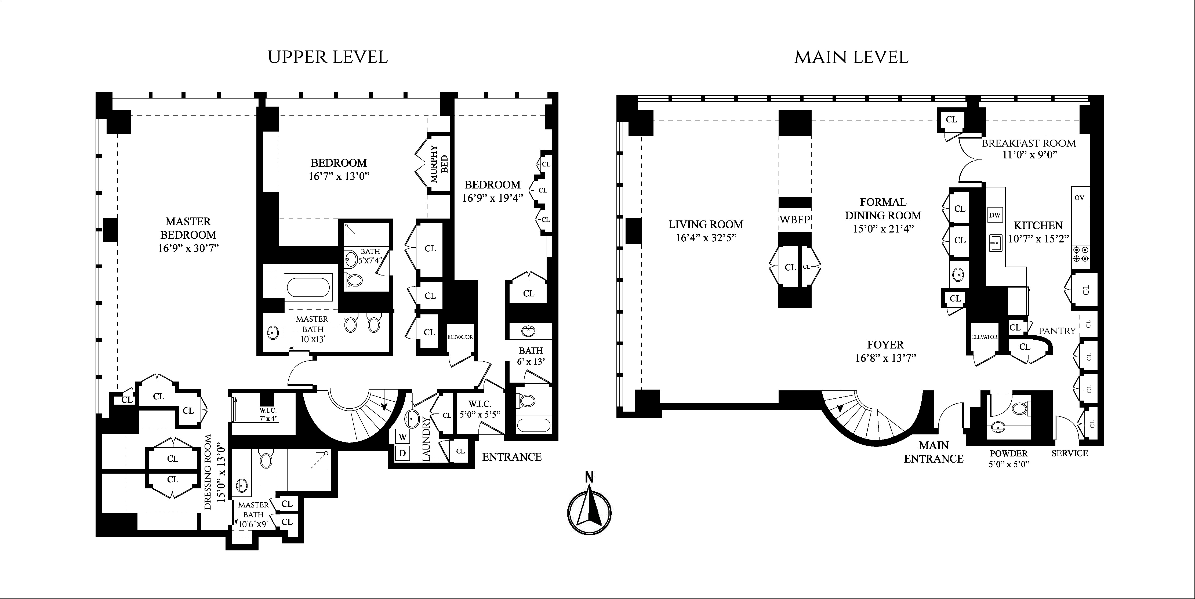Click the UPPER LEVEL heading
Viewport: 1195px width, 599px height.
pos(328,57)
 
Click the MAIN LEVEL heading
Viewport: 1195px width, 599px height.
pos(851,57)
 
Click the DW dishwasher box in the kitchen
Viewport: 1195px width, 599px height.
pos(995,215)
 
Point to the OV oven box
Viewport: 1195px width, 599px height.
pos(1080,198)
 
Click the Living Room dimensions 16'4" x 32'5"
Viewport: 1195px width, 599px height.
pos(706,238)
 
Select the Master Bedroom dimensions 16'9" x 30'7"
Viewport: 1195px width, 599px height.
pos(188,248)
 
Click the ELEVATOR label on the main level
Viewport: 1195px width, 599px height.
pos(985,337)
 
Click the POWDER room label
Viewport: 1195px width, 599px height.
pos(1008,453)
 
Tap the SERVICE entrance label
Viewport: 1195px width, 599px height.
pos(1070,453)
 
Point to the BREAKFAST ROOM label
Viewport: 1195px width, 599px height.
pos(1029,143)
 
